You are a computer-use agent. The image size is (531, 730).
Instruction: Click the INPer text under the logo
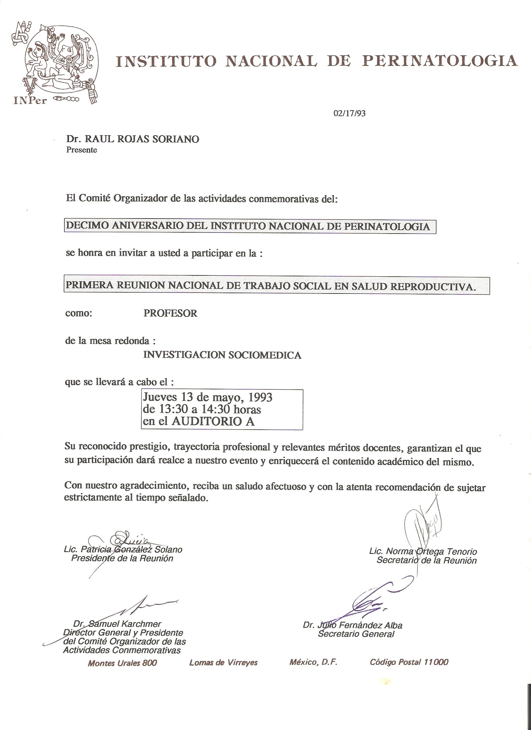point(30,101)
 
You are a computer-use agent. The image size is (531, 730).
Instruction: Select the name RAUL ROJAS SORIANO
point(141,139)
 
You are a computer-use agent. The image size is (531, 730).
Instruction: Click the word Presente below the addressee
point(82,150)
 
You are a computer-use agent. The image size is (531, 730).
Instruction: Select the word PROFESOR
point(170,313)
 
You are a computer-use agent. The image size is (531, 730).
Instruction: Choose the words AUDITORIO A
point(213,422)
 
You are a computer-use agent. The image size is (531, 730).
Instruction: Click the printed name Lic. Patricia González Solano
point(123,549)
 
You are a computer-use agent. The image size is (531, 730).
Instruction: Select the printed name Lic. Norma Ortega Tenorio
point(423,551)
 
